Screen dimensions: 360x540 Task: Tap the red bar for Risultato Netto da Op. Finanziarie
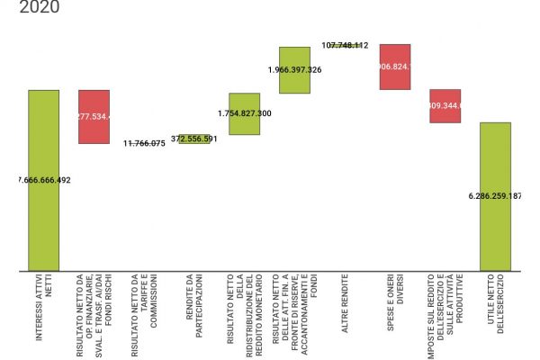point(94,116)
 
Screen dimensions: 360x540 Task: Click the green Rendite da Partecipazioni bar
point(194,139)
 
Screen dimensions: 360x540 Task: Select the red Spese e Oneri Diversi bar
point(395,67)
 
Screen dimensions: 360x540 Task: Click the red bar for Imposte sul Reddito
point(445,105)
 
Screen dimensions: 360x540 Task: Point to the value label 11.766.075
point(144,143)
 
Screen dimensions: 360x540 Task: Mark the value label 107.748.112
point(345,45)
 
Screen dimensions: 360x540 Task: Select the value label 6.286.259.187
point(496,195)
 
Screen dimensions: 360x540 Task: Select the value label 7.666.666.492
point(44,180)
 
